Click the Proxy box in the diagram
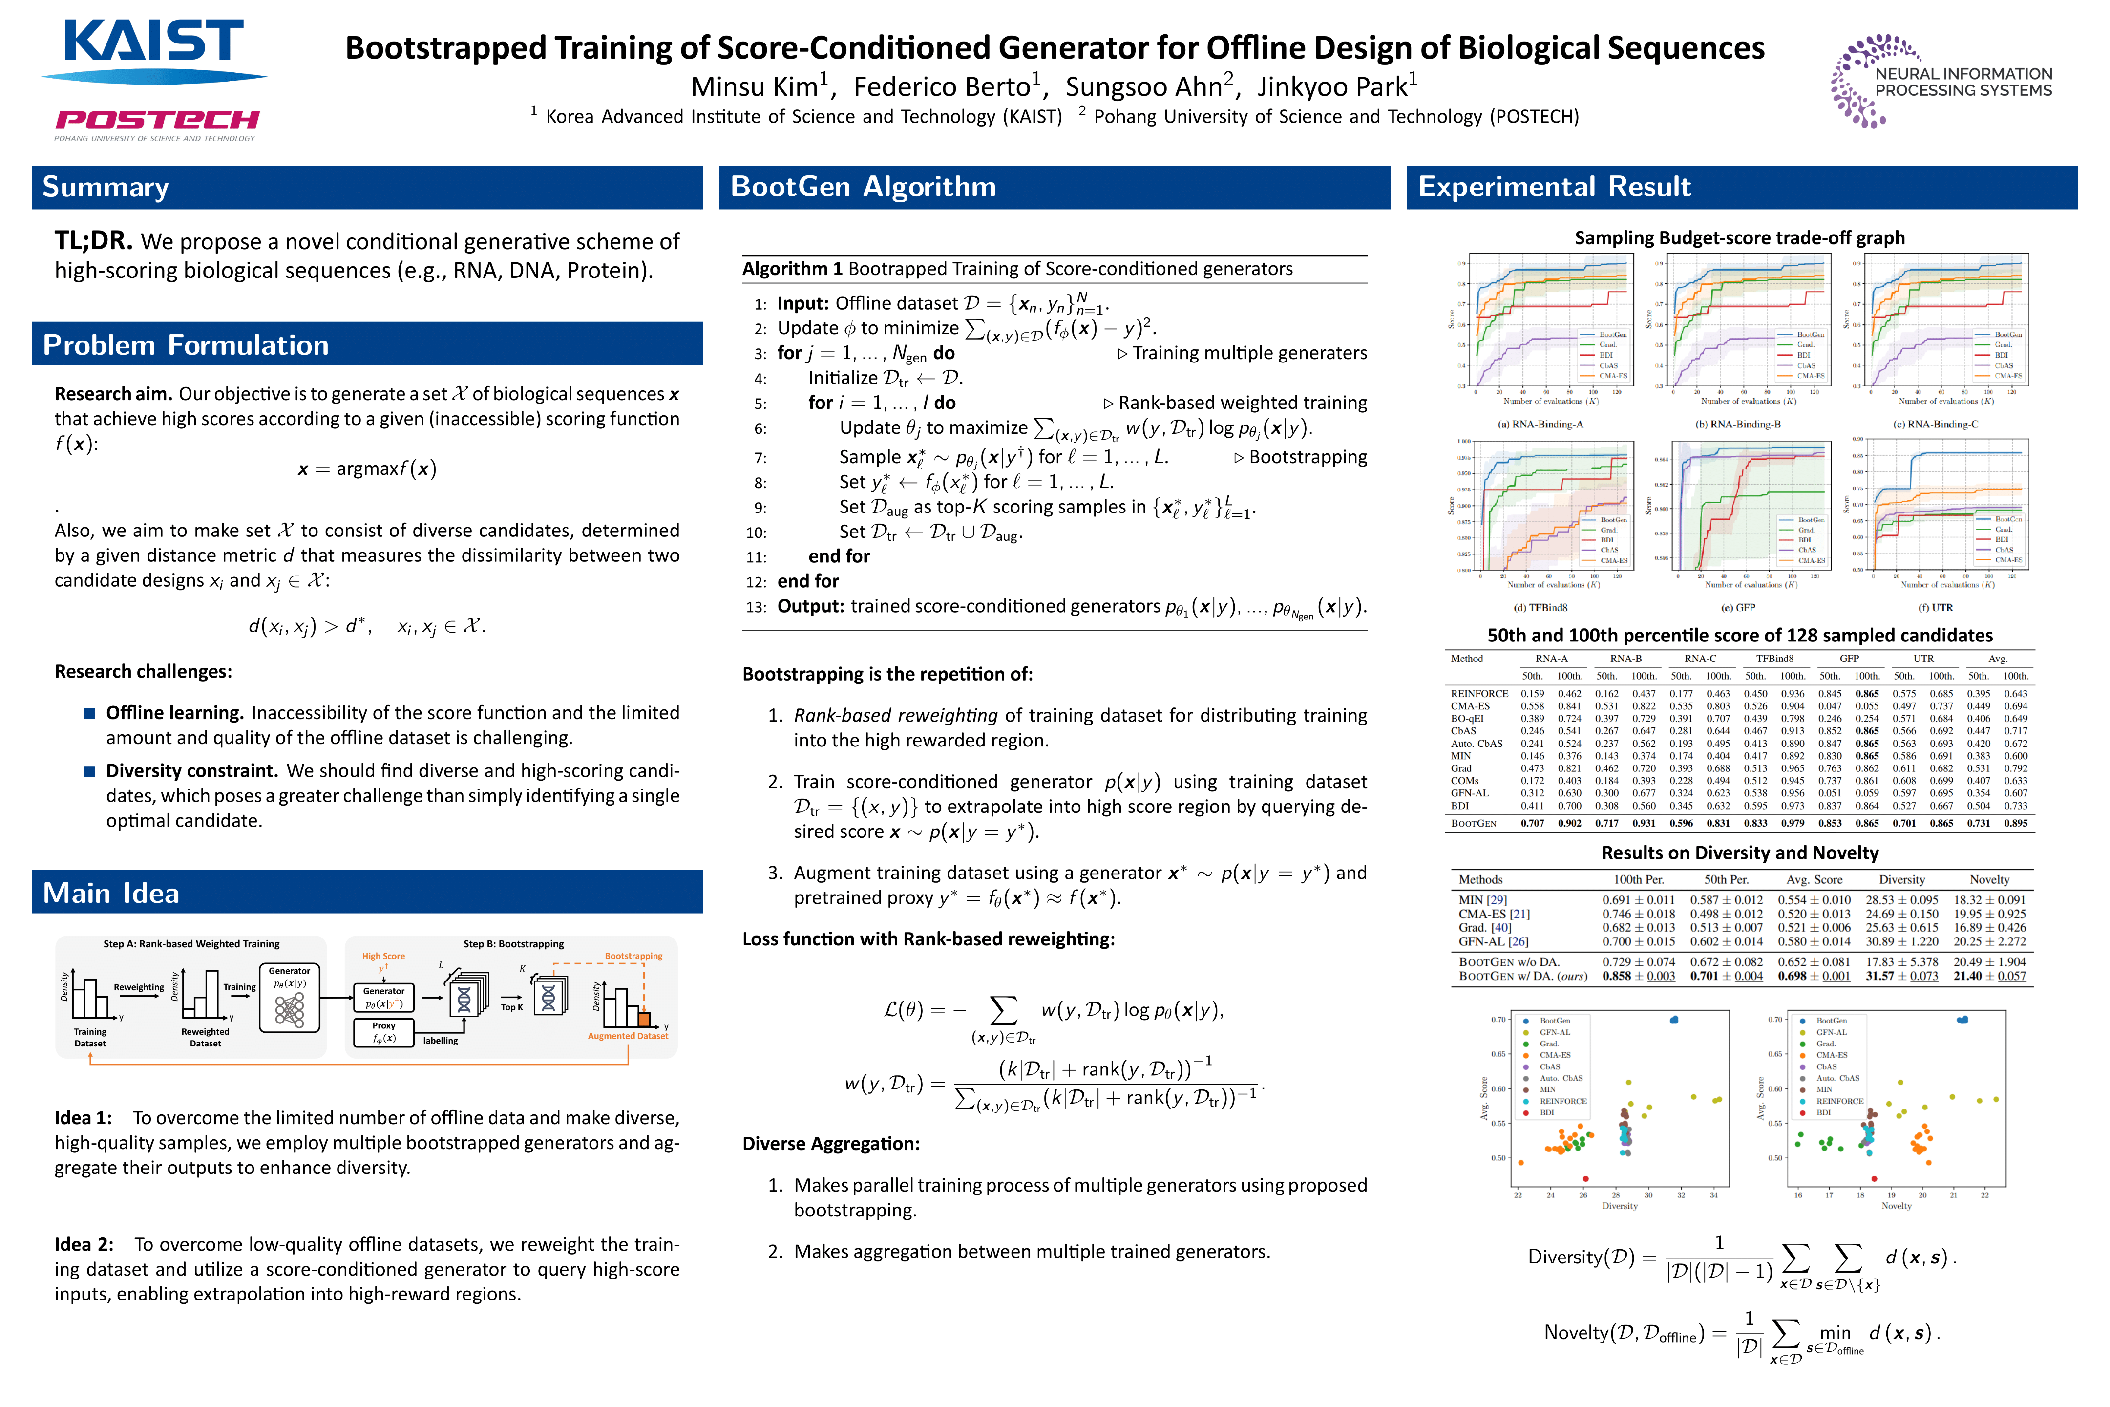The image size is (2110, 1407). click(x=384, y=1032)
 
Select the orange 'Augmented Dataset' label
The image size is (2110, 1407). click(x=628, y=1036)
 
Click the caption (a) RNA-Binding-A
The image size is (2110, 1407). click(x=1540, y=425)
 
